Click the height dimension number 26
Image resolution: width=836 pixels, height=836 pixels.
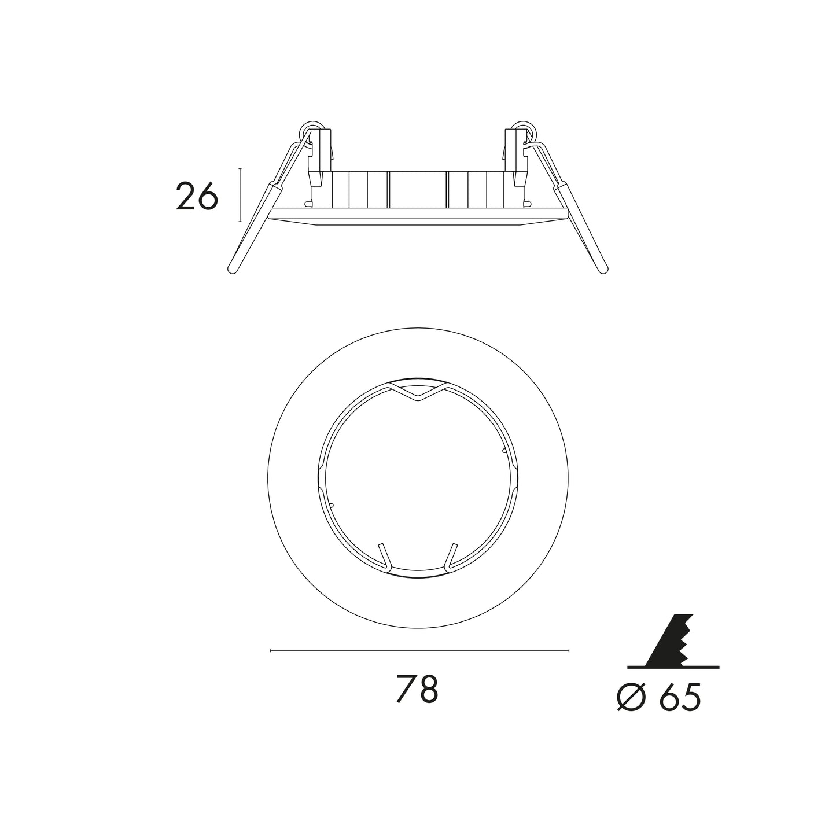pyautogui.click(x=197, y=196)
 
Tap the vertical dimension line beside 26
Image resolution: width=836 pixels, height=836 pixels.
pyautogui.click(x=240, y=195)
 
